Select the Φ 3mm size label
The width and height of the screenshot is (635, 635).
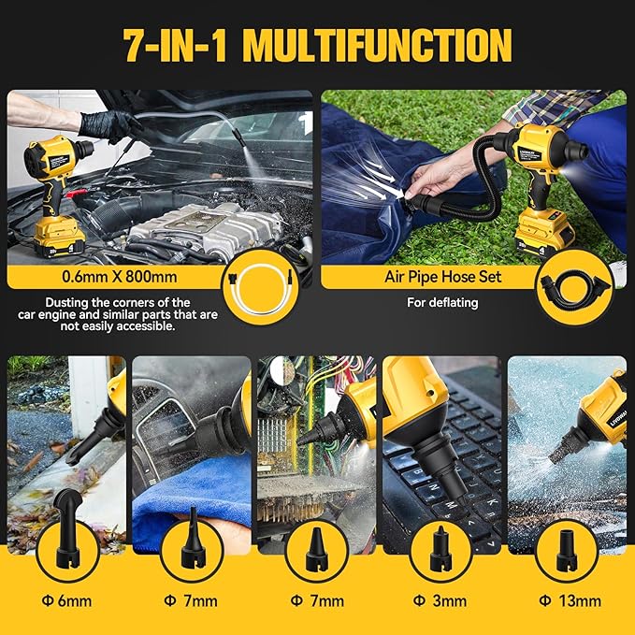[x=443, y=600]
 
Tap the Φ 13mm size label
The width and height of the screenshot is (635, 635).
[x=568, y=600]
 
